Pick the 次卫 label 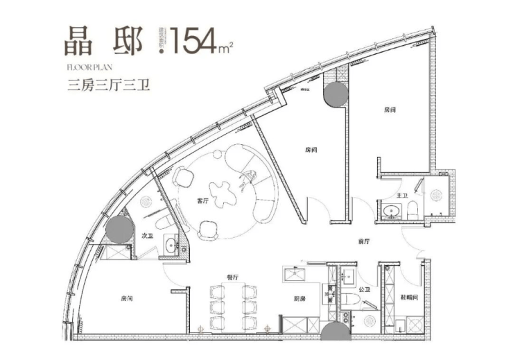coord(148,236)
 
